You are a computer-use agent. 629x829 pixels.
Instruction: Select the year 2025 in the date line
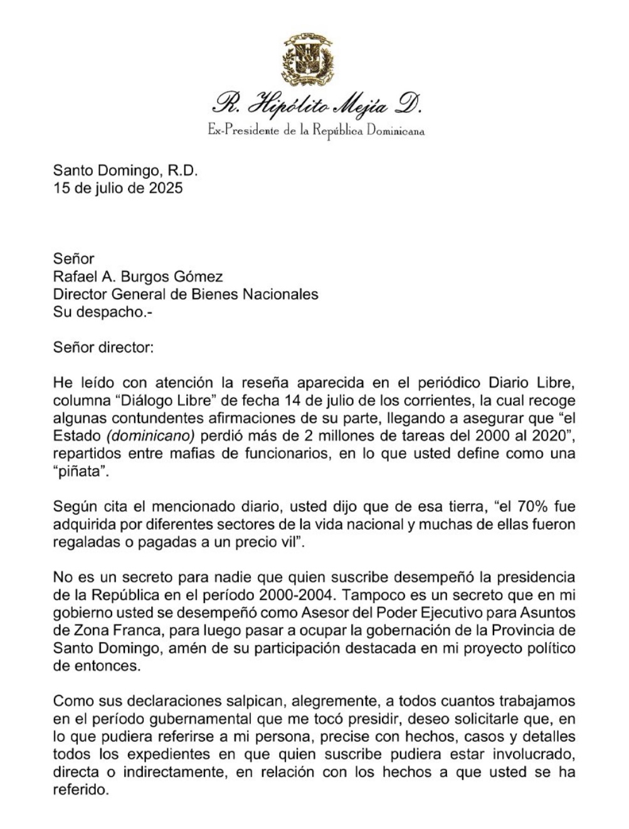pos(166,188)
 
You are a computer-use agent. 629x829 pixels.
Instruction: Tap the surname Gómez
pos(199,276)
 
